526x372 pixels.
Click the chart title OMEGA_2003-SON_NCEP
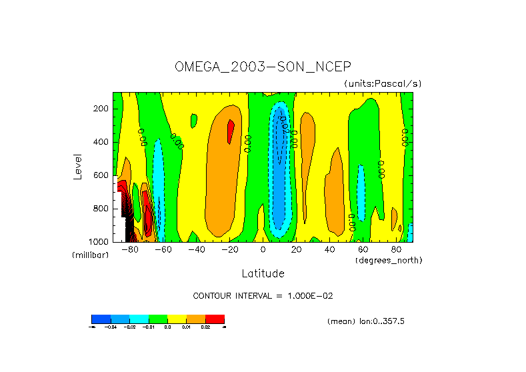tap(262, 67)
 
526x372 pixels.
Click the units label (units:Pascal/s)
tap(383, 83)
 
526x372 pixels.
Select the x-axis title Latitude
tap(263, 273)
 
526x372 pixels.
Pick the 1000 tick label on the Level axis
tap(99, 241)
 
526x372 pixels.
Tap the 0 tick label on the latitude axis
tap(263, 250)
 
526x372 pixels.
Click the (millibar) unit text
tap(90, 255)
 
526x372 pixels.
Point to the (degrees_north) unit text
tap(388, 259)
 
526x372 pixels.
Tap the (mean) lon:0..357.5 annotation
tap(366, 321)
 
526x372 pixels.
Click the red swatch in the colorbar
tap(215, 319)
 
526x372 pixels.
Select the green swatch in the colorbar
tap(158, 319)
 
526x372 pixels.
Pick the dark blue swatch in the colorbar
tap(101, 319)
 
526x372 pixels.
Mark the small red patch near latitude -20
tap(231, 131)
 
